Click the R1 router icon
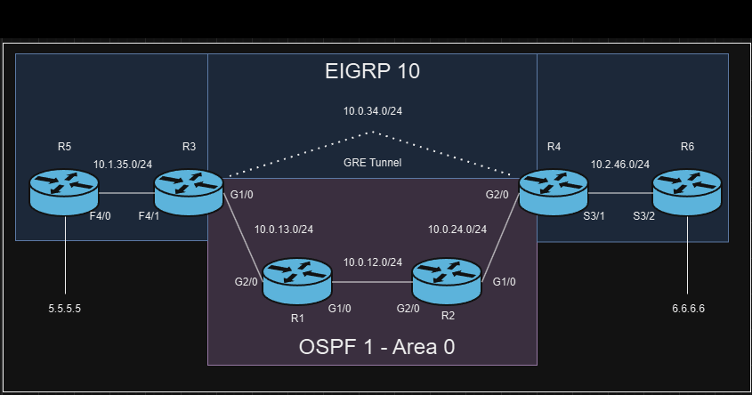tap(297, 281)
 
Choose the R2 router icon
tap(447, 281)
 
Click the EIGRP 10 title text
tap(372, 71)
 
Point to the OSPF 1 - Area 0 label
tap(376, 347)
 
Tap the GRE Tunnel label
tap(372, 163)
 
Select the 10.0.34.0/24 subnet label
tap(373, 112)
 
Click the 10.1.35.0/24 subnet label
tap(123, 165)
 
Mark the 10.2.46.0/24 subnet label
tap(620, 165)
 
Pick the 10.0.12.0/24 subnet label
tap(373, 262)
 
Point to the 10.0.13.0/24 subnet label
tap(283, 229)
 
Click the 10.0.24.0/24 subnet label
tap(457, 229)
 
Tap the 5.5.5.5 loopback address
tap(70, 309)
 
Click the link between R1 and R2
tap(372, 282)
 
